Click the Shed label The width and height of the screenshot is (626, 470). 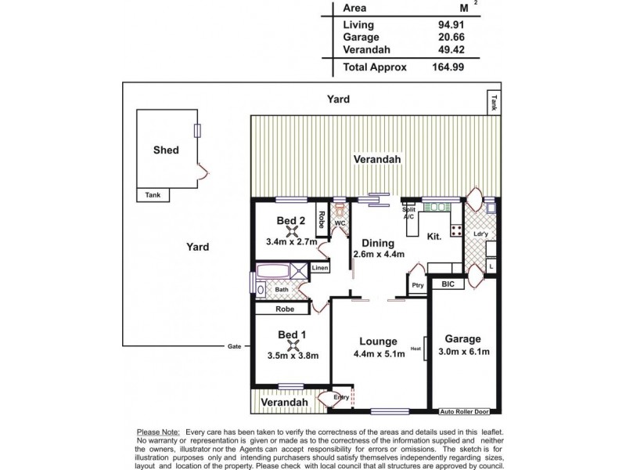click(x=166, y=150)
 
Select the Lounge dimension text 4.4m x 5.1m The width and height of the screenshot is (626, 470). click(x=379, y=354)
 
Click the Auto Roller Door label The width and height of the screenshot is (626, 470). click(x=465, y=411)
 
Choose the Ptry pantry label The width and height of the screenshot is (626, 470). click(x=418, y=285)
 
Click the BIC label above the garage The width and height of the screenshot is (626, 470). click(x=448, y=284)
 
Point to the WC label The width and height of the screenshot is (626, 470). click(x=340, y=223)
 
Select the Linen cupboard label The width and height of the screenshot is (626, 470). click(x=319, y=269)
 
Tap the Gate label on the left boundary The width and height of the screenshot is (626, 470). click(x=234, y=346)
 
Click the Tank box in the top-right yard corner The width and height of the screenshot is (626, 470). click(x=493, y=100)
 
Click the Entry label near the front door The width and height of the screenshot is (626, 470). click(x=341, y=398)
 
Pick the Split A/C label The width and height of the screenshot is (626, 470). click(x=408, y=214)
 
